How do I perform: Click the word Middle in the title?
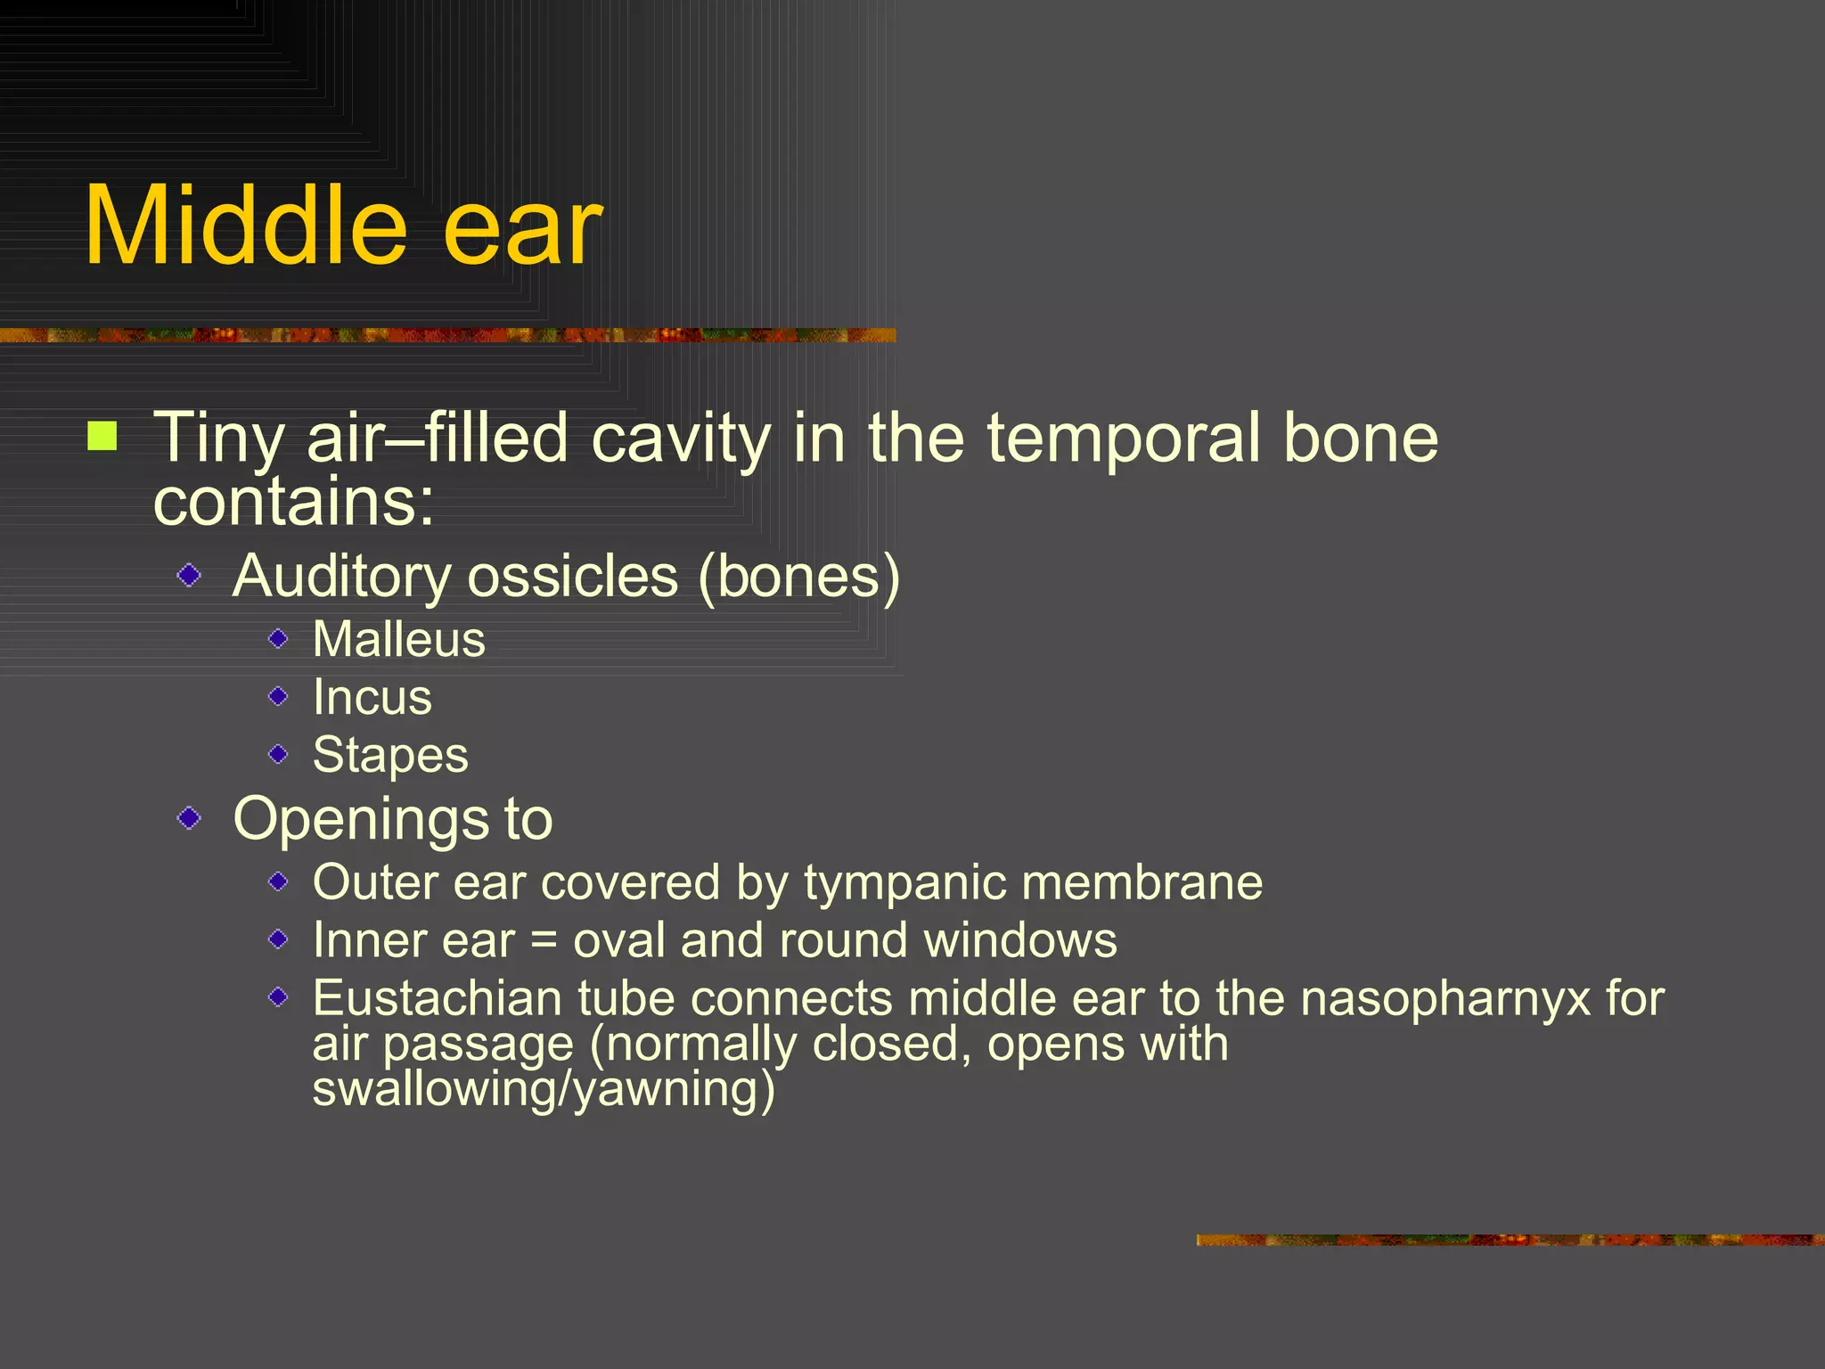coord(245,226)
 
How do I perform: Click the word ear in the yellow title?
coord(522,230)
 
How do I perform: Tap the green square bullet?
coord(102,437)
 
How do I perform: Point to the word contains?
coord(294,502)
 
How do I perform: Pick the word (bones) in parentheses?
coord(799,577)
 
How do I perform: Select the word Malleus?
coord(399,639)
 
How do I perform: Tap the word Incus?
coord(372,697)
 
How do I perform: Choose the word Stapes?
coord(390,756)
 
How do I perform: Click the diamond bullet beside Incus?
coord(278,696)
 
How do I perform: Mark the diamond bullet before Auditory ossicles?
coord(189,576)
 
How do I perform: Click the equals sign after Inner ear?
coord(544,941)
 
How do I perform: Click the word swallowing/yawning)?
coord(544,1089)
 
